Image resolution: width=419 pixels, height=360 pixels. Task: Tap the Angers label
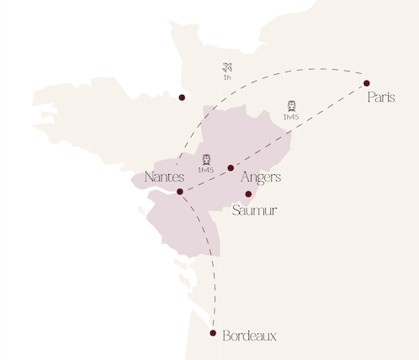[x=260, y=177]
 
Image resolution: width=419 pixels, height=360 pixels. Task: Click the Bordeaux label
[x=250, y=336]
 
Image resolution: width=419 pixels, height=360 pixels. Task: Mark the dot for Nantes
[x=180, y=192]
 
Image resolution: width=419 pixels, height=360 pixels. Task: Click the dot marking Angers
[x=231, y=168]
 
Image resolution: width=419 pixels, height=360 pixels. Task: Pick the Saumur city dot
[x=248, y=194]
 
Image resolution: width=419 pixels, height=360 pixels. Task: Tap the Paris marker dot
[x=367, y=82]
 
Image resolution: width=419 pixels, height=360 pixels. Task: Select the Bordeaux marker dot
[x=214, y=334]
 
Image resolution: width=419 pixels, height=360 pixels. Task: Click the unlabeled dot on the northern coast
[x=182, y=97]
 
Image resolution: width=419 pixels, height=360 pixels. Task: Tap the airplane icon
[x=227, y=66]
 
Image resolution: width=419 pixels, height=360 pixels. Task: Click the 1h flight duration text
[x=227, y=77]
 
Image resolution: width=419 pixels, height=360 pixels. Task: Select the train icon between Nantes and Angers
[x=206, y=159]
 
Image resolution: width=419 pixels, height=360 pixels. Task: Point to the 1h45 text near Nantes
[x=206, y=170]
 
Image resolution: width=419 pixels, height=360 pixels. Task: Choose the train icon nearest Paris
[x=291, y=106]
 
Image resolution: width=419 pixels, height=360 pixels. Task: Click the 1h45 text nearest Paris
[x=291, y=117]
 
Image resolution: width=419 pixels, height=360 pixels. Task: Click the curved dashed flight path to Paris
[x=278, y=70]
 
